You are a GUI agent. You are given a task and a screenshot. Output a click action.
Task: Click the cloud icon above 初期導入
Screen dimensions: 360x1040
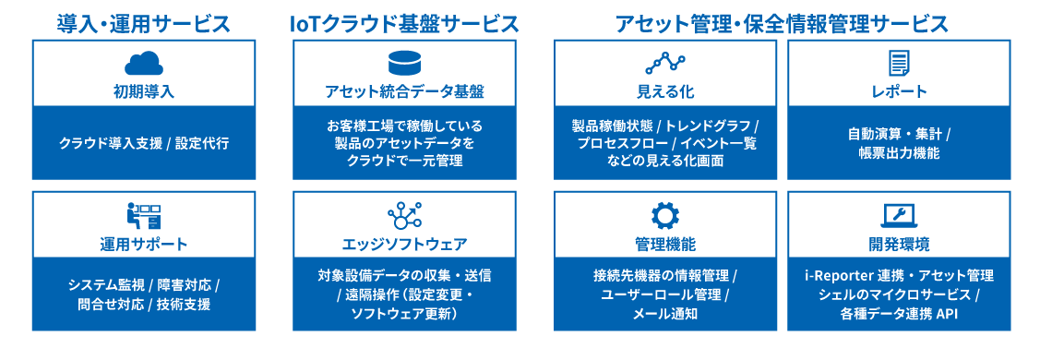point(144,63)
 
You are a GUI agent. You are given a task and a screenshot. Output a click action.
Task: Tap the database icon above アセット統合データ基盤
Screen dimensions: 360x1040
point(404,63)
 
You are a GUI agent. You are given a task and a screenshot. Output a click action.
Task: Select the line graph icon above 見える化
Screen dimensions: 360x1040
point(665,63)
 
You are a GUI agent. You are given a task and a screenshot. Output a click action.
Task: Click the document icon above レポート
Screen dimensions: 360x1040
point(899,63)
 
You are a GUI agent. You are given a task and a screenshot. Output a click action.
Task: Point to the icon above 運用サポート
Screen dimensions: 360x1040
point(144,217)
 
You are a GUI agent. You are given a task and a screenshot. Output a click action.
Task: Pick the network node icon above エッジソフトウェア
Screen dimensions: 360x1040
point(404,216)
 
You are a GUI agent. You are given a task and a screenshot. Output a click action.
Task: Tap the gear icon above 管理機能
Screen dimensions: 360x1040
point(665,216)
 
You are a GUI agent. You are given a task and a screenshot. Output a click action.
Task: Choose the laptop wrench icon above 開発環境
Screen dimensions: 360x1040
point(899,216)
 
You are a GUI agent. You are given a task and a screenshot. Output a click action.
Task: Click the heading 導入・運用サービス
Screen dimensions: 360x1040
point(144,23)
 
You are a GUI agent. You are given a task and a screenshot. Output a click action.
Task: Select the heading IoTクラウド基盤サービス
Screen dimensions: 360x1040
point(404,23)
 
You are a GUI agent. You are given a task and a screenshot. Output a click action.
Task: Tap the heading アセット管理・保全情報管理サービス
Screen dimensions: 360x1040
point(782,23)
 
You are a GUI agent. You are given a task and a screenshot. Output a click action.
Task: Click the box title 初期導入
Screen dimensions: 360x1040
point(144,91)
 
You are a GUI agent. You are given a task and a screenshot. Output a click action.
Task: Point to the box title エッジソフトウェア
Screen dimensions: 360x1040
point(404,245)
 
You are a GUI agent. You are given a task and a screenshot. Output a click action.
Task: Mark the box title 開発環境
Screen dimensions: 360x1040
point(899,245)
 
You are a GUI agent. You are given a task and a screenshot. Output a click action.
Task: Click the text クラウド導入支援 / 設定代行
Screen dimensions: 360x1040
point(144,143)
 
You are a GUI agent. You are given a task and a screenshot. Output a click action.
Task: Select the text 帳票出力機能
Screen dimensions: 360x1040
point(899,153)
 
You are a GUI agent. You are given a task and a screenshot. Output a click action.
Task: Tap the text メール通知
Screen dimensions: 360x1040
point(665,314)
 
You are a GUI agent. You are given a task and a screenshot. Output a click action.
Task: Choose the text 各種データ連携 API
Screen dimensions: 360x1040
point(899,314)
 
